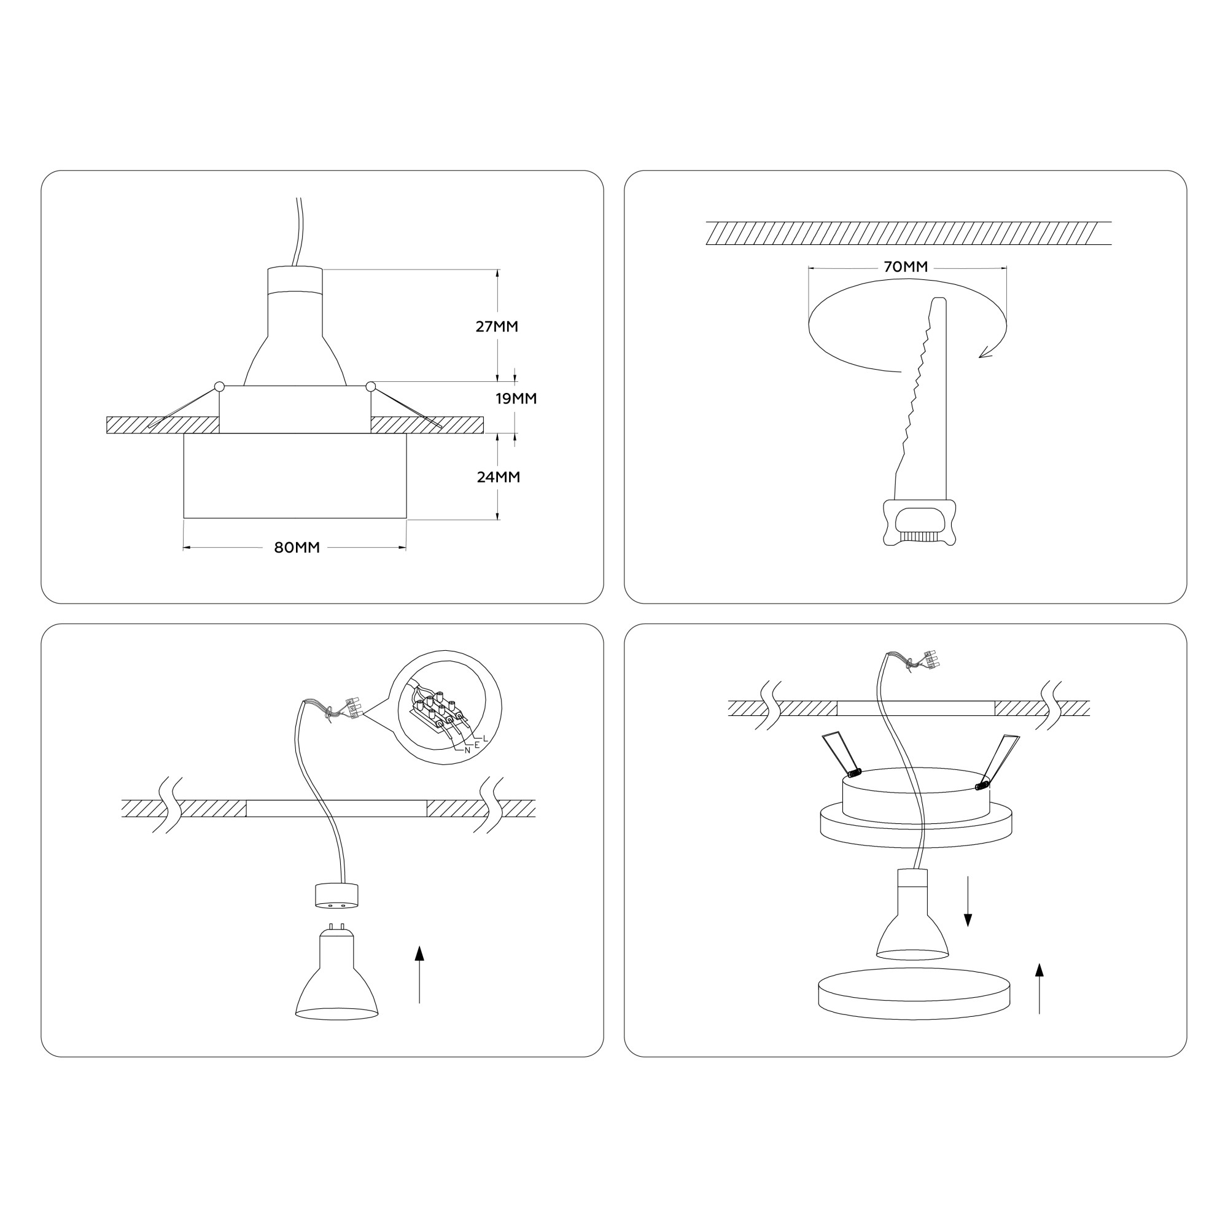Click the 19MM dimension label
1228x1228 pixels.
[516, 398]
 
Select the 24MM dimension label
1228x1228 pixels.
[499, 476]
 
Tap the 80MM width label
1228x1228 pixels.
[297, 547]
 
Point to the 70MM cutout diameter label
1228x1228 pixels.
[906, 267]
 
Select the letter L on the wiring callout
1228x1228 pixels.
[485, 738]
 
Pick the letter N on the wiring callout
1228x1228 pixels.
[467, 750]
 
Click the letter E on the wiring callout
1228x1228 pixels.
[476, 744]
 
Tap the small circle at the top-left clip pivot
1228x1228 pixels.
[219, 386]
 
